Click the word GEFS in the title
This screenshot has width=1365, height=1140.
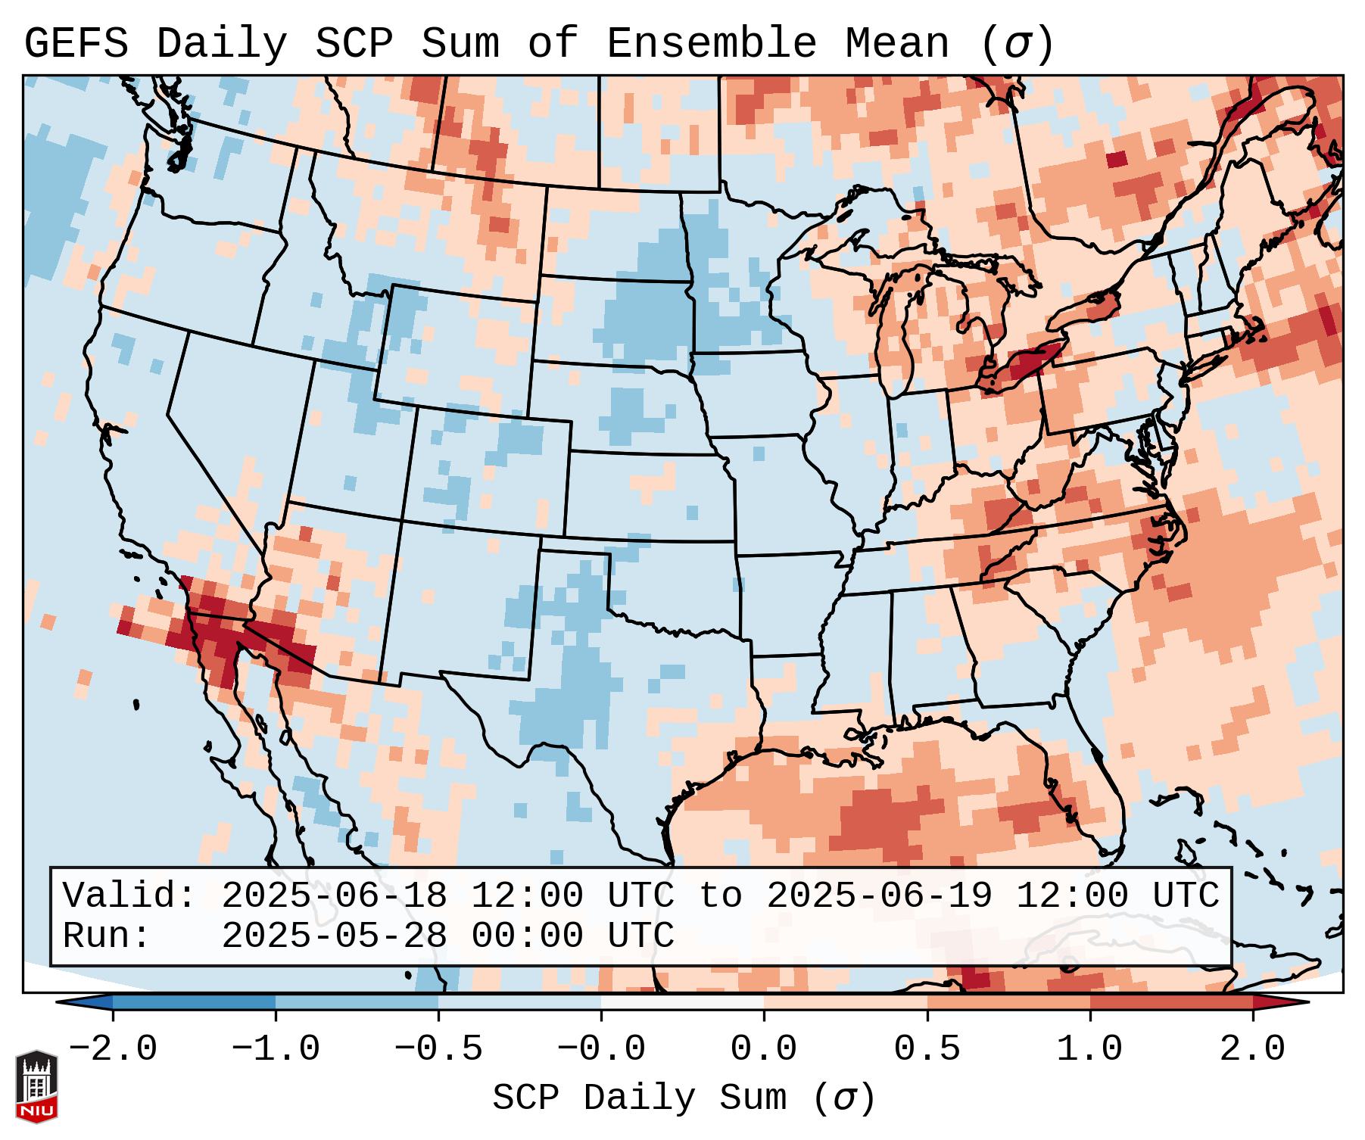coord(76,44)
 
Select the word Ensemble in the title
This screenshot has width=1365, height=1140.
coord(711,44)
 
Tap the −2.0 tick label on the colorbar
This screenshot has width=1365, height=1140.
coord(113,1049)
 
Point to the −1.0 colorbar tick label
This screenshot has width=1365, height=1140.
coord(276,1049)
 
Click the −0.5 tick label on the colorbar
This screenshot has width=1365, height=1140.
coord(438,1049)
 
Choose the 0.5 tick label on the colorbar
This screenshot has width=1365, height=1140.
coord(927,1049)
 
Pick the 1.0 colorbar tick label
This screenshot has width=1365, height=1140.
coord(1089,1049)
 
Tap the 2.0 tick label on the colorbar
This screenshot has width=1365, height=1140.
coord(1252,1049)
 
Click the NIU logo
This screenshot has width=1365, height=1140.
coord(36,1086)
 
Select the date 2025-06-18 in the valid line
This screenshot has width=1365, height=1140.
coord(334,896)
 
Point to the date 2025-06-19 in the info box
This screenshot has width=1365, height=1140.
coord(879,896)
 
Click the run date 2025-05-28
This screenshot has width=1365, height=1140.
coord(334,936)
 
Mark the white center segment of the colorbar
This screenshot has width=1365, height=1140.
coord(682,1002)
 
